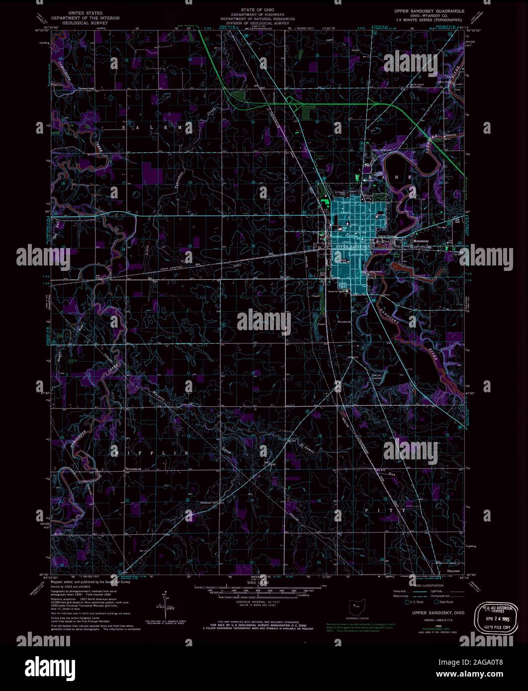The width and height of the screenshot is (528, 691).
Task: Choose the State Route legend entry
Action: click(x=442, y=602)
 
